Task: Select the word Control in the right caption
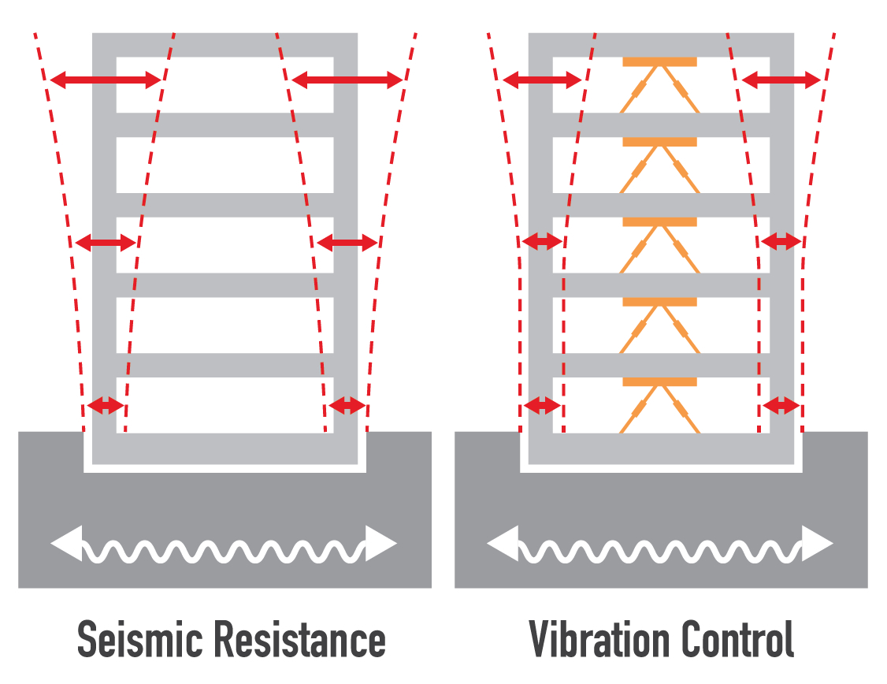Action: click(x=737, y=640)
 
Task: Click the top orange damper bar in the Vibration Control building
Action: click(x=659, y=61)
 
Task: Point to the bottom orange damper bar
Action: click(x=659, y=382)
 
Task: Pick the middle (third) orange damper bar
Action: click(x=659, y=222)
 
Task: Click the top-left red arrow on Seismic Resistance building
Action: click(x=106, y=80)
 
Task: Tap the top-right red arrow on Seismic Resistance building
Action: click(x=347, y=80)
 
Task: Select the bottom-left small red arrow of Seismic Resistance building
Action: click(x=106, y=406)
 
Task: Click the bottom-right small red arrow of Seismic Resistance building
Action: click(x=347, y=406)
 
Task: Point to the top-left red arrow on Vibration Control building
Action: click(x=542, y=80)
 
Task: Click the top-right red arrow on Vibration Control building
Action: click(x=781, y=80)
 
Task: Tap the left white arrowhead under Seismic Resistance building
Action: click(x=66, y=544)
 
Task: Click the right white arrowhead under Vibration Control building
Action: click(x=818, y=544)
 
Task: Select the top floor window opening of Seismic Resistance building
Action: click(x=225, y=84)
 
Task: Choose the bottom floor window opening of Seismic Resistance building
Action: click(x=225, y=404)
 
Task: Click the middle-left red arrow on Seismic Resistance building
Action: click(x=106, y=243)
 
